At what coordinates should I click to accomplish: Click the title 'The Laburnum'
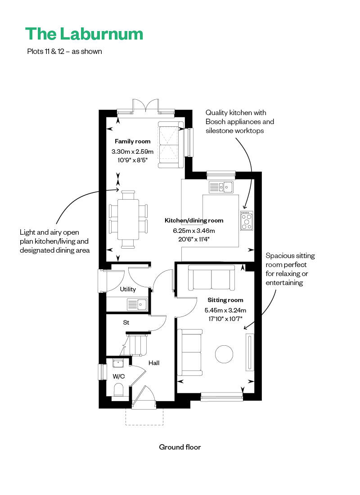pos(84,34)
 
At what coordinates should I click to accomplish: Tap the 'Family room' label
pos(132,142)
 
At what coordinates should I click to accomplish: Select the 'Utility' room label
pos(128,289)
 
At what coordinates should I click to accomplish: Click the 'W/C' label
pos(119,376)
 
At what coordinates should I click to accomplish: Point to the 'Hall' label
pos(154,363)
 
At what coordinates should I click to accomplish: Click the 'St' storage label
pos(126,322)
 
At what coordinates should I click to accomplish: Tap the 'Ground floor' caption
pos(180,447)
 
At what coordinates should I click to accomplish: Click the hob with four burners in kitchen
pos(247,220)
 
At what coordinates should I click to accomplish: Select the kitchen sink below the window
pos(221,187)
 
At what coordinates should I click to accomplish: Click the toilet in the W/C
pos(119,390)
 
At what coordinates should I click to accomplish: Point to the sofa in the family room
pos(171,145)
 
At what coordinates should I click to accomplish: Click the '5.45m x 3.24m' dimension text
pos(225,310)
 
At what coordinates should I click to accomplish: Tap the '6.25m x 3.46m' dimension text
pos(194,231)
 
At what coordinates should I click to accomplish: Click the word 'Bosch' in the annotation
pos(216,121)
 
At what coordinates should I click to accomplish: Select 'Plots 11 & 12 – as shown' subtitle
pos(64,51)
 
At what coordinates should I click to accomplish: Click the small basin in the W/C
pos(118,363)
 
